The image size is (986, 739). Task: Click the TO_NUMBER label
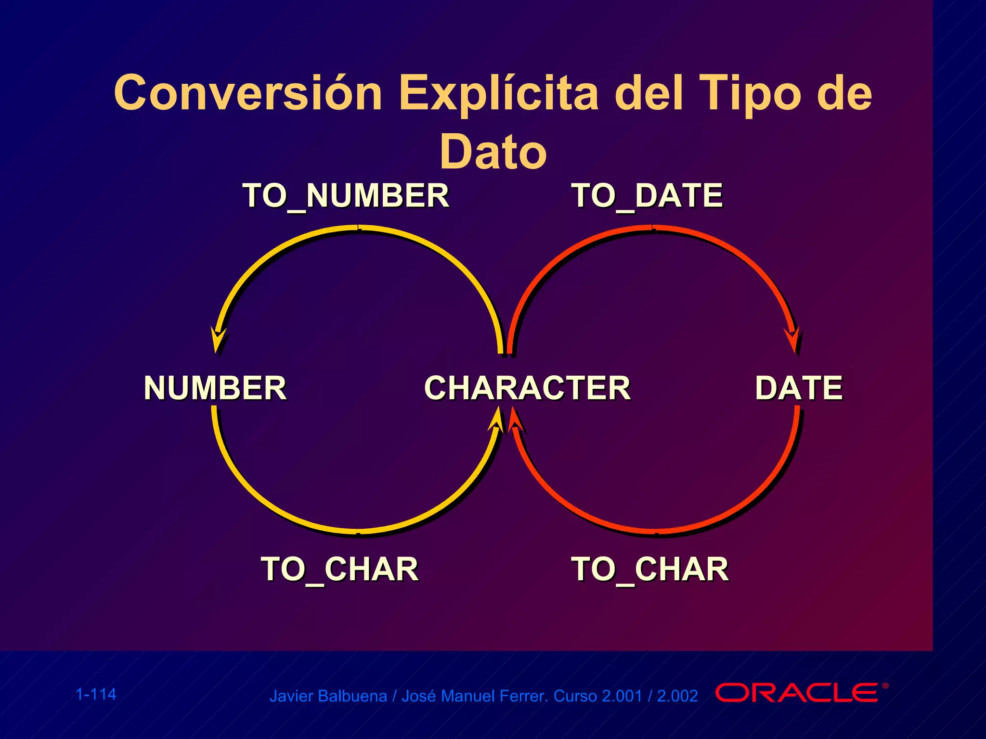point(346,196)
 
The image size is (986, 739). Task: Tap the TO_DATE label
point(647,196)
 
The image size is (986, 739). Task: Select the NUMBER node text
point(215,388)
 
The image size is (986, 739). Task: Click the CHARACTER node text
point(527,388)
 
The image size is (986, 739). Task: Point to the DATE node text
point(799,388)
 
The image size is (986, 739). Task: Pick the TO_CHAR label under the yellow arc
point(339,569)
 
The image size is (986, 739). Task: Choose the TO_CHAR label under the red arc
point(649,569)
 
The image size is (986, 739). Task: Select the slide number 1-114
point(96,694)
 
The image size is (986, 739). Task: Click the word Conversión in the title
point(248,93)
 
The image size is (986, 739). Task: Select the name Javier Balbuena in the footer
point(328,696)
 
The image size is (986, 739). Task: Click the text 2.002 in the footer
point(677,696)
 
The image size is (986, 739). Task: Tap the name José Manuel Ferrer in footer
point(474,696)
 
